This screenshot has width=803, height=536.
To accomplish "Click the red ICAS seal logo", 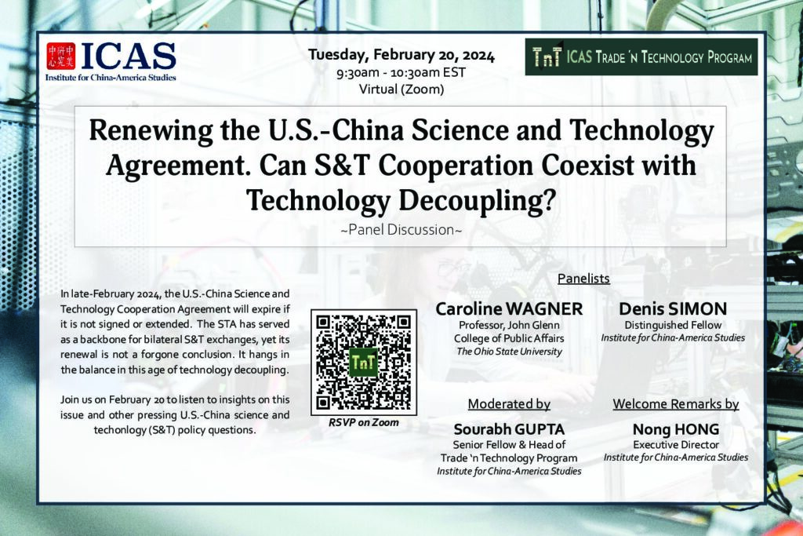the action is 61,56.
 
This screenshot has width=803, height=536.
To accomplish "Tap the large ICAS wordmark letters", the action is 128,56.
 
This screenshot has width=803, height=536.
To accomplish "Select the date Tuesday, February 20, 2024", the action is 401,55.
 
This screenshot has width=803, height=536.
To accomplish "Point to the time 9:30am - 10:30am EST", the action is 401,73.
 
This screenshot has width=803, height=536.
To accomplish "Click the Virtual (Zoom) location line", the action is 401,89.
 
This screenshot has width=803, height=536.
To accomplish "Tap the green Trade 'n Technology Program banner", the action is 641,57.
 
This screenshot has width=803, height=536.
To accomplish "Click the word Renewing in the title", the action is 151,131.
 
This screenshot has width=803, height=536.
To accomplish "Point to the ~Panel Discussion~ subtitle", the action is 401,230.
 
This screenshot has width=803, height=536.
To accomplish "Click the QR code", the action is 364,363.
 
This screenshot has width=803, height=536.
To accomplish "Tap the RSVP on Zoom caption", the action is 364,423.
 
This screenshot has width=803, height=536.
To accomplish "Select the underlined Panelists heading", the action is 583,279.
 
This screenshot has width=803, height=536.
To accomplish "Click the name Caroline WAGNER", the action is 509,309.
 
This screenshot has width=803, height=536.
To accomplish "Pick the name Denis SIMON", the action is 673,309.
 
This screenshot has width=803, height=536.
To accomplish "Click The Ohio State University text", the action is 509,352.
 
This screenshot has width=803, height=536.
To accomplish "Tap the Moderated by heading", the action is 509,404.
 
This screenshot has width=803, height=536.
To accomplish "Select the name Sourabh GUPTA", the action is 509,429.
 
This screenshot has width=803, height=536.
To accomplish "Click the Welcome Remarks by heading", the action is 676,404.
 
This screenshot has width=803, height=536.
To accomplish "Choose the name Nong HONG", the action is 676,429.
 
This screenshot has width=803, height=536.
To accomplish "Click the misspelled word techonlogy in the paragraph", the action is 120,430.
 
